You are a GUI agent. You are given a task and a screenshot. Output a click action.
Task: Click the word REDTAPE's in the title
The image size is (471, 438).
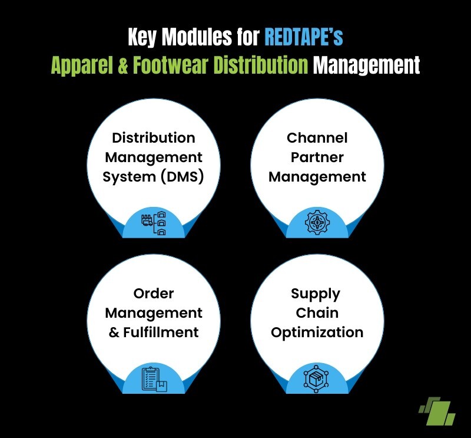pyautogui.click(x=304, y=37)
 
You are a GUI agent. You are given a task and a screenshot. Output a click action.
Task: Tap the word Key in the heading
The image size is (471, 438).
pyautogui.click(x=142, y=37)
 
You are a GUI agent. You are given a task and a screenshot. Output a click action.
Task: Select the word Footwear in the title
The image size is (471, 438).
pyautogui.click(x=171, y=64)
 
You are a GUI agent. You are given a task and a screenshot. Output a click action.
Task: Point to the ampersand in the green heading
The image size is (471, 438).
pyautogui.click(x=122, y=65)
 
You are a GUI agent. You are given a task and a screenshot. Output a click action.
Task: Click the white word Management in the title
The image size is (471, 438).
pyautogui.click(x=366, y=65)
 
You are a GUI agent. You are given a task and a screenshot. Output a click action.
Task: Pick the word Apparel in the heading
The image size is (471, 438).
pyautogui.click(x=82, y=65)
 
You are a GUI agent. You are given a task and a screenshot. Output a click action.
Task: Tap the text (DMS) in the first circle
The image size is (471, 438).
pyautogui.click(x=182, y=176)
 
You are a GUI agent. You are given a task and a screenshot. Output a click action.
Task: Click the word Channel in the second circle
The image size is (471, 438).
pyautogui.click(x=317, y=138)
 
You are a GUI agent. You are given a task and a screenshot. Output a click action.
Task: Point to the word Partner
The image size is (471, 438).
pyautogui.click(x=317, y=157)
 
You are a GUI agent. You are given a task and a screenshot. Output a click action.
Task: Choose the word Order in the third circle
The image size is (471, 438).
pyautogui.click(x=154, y=294)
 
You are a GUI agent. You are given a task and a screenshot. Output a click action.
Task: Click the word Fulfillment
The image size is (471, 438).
pyautogui.click(x=161, y=332)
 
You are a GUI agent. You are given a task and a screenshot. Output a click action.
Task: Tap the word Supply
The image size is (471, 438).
pyautogui.click(x=316, y=294)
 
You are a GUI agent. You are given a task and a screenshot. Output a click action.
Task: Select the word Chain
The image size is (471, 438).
pyautogui.click(x=317, y=313)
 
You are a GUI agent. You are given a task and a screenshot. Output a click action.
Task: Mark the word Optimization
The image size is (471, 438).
pyautogui.click(x=317, y=332)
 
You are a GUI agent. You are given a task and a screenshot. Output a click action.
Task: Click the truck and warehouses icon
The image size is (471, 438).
pyautogui.click(x=154, y=223)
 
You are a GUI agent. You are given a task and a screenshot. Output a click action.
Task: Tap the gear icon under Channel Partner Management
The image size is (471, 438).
pyautogui.click(x=317, y=222)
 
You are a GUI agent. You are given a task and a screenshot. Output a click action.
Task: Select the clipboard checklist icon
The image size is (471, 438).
pyautogui.click(x=154, y=379)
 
